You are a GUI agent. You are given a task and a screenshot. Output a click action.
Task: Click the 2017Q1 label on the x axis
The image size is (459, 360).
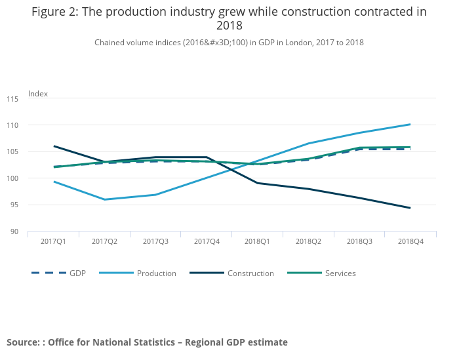tap(53, 242)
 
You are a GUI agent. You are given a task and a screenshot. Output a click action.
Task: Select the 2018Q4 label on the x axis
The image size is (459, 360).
tap(410, 242)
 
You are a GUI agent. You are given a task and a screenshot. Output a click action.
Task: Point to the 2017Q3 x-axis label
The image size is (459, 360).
tap(155, 242)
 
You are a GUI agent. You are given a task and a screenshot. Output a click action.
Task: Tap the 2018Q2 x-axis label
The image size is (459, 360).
tap(308, 242)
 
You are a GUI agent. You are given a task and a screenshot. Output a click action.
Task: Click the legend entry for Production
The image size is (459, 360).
tap(156, 273)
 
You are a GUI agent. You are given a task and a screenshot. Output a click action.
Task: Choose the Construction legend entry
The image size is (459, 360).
tap(250, 273)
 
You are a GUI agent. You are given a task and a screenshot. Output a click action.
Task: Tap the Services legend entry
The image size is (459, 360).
tap(340, 273)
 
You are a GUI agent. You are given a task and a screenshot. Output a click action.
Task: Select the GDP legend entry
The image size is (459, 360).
tap(77, 273)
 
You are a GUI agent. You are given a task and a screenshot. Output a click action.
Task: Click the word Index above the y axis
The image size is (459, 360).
tap(38, 94)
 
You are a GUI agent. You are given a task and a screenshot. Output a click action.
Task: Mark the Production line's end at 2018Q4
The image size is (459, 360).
tap(410, 125)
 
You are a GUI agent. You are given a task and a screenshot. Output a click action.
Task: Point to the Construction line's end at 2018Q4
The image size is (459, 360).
tap(410, 208)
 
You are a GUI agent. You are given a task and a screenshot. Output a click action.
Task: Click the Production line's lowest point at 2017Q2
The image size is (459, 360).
tap(104, 199)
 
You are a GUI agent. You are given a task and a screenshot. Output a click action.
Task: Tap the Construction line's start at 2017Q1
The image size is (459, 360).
tap(54, 146)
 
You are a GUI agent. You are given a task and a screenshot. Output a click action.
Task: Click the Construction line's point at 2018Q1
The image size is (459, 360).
tap(258, 183)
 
